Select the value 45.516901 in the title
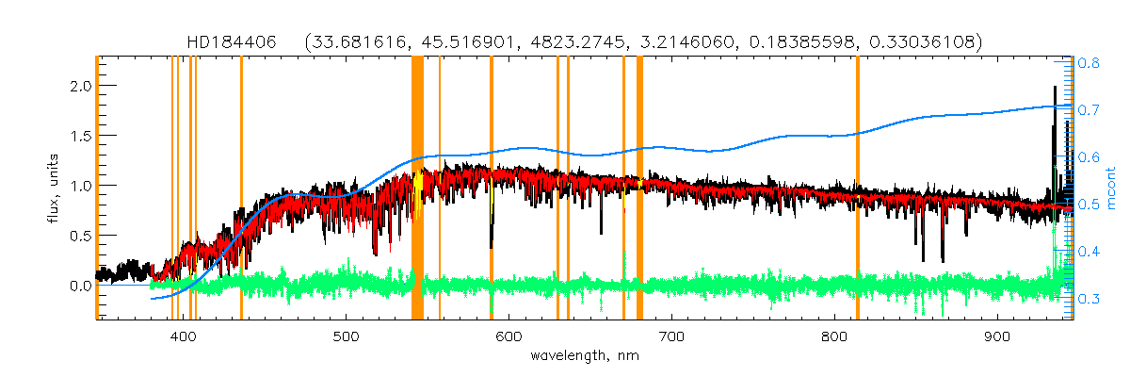pyautogui.click(x=465, y=42)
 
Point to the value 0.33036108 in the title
pyautogui.click(x=928, y=42)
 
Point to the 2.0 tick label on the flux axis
pyautogui.click(x=79, y=86)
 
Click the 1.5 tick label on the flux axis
pyautogui.click(x=79, y=136)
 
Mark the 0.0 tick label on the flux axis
pyautogui.click(x=79, y=285)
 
